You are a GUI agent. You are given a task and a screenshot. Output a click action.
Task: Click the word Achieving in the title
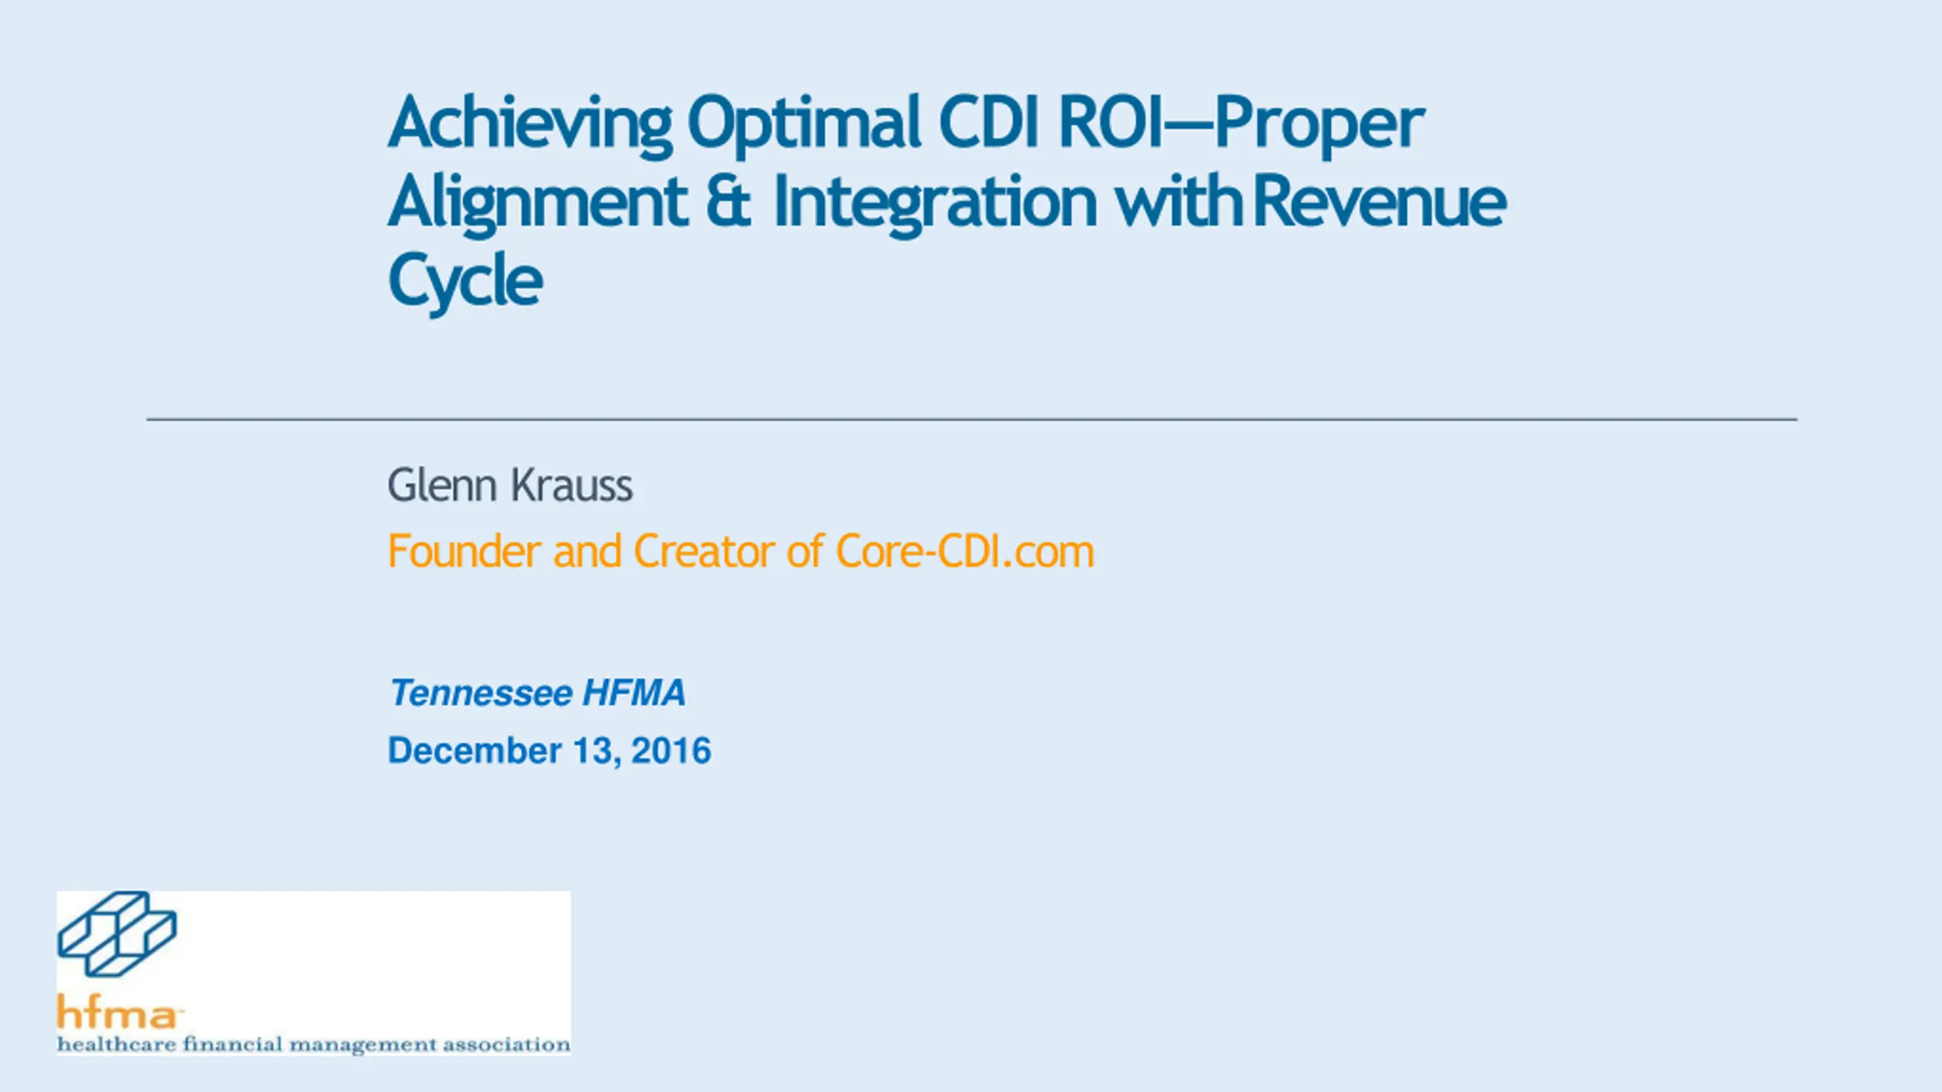click(x=530, y=125)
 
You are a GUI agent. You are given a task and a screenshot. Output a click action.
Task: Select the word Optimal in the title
click(x=804, y=125)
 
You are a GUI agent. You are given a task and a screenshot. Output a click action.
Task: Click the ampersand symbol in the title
click(x=729, y=201)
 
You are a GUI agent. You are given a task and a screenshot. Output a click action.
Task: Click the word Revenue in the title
click(x=1380, y=201)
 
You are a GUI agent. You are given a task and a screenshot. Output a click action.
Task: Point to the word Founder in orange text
click(x=464, y=551)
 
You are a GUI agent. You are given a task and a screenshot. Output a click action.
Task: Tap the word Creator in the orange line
click(x=703, y=551)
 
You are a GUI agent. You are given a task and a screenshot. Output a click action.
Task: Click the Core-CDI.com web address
click(x=965, y=551)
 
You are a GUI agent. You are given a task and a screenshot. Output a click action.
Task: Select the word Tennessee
click(x=481, y=693)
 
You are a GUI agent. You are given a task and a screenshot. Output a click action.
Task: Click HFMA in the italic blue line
click(x=634, y=693)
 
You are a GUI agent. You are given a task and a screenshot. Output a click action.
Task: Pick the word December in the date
click(x=475, y=751)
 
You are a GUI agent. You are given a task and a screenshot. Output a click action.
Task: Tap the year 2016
click(x=671, y=751)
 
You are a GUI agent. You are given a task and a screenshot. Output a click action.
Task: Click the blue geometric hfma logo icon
click(x=117, y=934)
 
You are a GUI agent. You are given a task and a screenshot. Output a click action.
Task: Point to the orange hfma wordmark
click(x=118, y=1011)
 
